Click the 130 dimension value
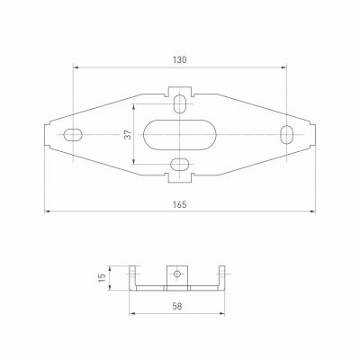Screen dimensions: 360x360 pyautogui.click(x=179, y=60)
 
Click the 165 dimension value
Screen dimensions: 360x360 pyautogui.click(x=179, y=204)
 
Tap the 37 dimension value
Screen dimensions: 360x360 pyautogui.click(x=128, y=134)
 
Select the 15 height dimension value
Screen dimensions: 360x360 pyautogui.click(x=103, y=278)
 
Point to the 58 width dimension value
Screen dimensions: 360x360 pyautogui.click(x=177, y=306)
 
